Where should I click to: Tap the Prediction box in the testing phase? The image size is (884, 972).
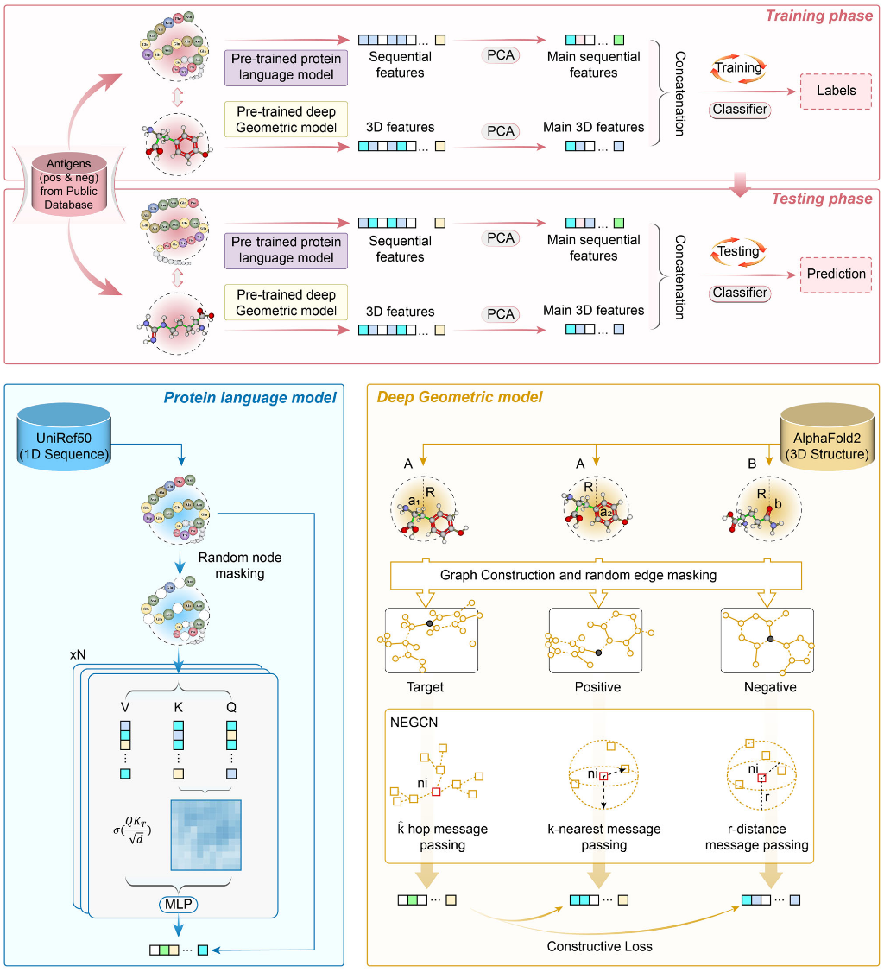pos(836,274)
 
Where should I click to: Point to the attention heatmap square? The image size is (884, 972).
pos(205,837)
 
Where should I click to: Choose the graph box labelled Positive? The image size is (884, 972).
pos(597,640)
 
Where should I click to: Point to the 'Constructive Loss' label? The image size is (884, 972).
pos(598,946)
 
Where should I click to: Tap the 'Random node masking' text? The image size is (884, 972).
pos(240,565)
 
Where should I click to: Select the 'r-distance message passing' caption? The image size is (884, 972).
pos(756,837)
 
